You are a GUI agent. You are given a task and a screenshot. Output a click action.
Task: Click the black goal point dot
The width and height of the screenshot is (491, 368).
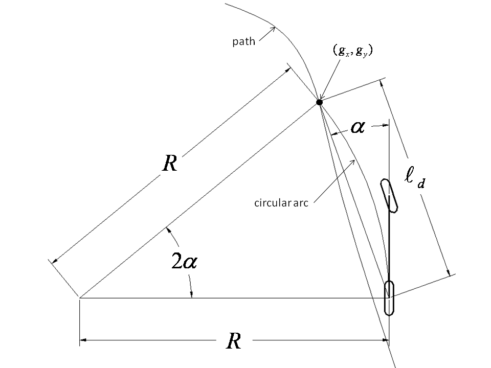click(x=320, y=102)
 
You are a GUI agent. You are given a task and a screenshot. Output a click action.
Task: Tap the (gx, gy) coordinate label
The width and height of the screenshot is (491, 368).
click(x=351, y=51)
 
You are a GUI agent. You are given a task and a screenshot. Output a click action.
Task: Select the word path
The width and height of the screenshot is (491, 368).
click(x=243, y=41)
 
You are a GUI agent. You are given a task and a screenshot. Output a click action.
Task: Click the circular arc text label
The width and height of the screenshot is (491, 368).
click(x=280, y=202)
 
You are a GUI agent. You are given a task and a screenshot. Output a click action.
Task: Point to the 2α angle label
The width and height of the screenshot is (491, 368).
click(x=183, y=262)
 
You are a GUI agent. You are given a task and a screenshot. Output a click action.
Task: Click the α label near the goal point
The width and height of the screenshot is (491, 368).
click(x=357, y=126)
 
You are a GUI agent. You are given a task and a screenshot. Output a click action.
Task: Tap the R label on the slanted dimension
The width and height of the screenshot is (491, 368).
click(x=169, y=164)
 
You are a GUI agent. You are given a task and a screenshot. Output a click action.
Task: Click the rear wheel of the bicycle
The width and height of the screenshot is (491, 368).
click(x=389, y=298)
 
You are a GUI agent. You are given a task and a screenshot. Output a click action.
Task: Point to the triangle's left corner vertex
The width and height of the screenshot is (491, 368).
click(x=80, y=297)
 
